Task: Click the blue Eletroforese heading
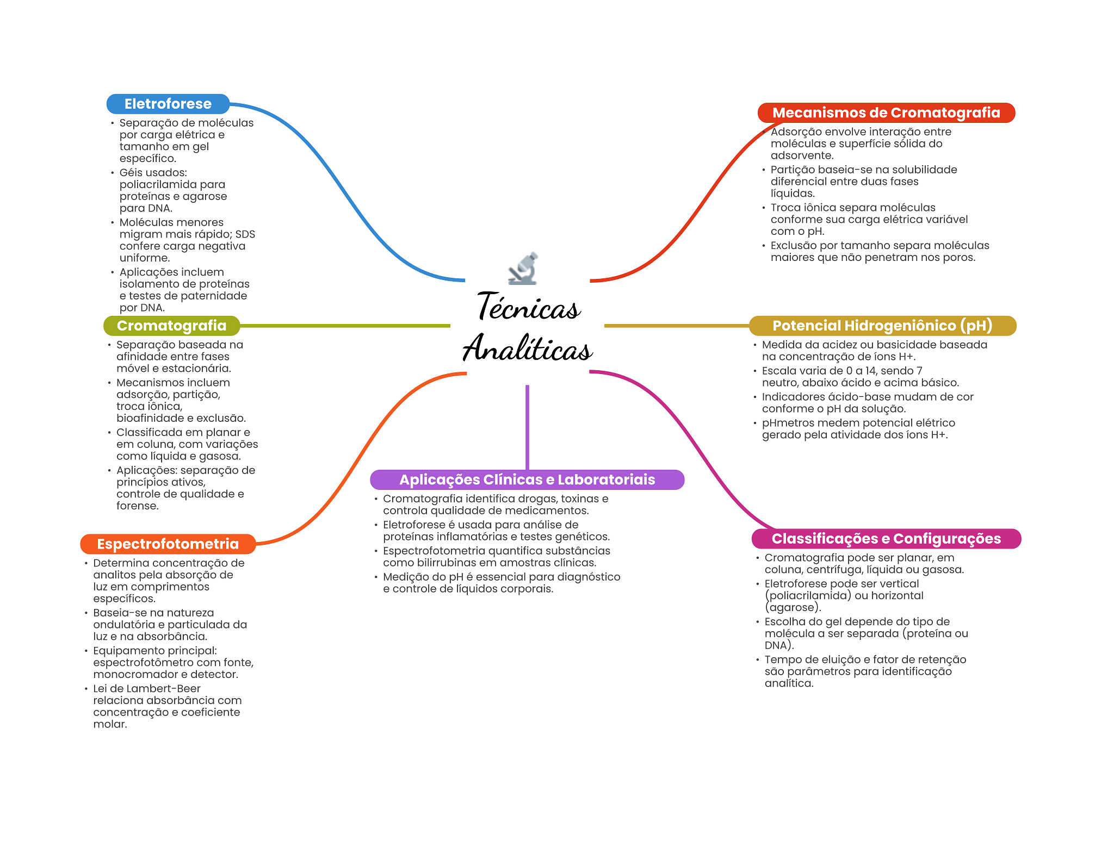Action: (x=168, y=104)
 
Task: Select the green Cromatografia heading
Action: (x=172, y=326)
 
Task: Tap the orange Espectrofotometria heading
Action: (x=168, y=544)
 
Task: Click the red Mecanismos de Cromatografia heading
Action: (x=887, y=113)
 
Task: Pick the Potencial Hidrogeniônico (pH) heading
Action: (x=883, y=326)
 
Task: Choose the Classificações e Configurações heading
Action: (x=887, y=539)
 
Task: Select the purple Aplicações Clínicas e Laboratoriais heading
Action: (x=527, y=480)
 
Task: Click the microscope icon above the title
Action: (x=523, y=269)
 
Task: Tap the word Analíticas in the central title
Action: (x=528, y=348)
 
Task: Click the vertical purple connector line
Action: (x=527, y=427)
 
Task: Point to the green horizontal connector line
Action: (x=345, y=326)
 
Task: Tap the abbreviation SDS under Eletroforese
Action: (x=245, y=234)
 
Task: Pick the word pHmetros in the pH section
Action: (x=786, y=423)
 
